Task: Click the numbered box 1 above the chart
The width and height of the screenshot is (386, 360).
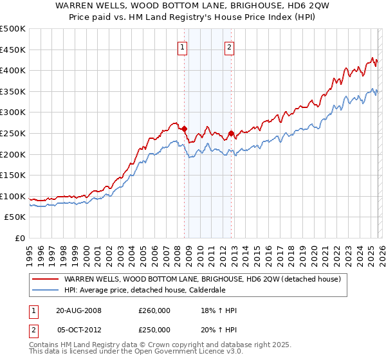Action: pyautogui.click(x=183, y=47)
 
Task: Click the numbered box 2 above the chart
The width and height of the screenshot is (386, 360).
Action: pyautogui.click(x=230, y=47)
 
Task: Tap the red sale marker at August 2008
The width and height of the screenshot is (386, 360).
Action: pyautogui.click(x=184, y=129)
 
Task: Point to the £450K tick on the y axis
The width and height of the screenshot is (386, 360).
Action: pyautogui.click(x=13, y=50)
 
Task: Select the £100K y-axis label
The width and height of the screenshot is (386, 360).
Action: pyautogui.click(x=13, y=196)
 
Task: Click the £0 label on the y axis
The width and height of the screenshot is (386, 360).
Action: pyautogui.click(x=19, y=239)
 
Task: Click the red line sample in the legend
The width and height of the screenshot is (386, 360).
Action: pyautogui.click(x=46, y=279)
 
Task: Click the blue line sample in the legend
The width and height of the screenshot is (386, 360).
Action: pyautogui.click(x=46, y=290)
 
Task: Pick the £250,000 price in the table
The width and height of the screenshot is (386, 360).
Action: pyautogui.click(x=154, y=330)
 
